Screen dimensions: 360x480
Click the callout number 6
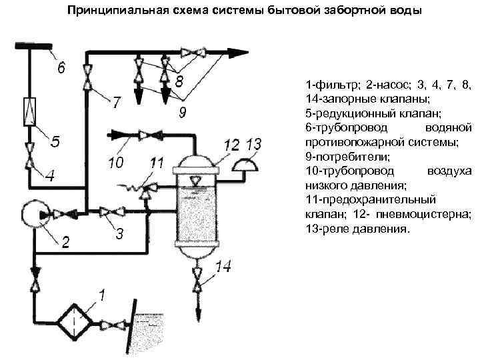61,67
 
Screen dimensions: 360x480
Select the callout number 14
223,268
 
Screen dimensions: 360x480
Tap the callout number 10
115,162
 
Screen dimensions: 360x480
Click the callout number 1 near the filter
102,293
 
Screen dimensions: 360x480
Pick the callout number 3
118,235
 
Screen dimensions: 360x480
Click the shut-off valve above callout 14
196,279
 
